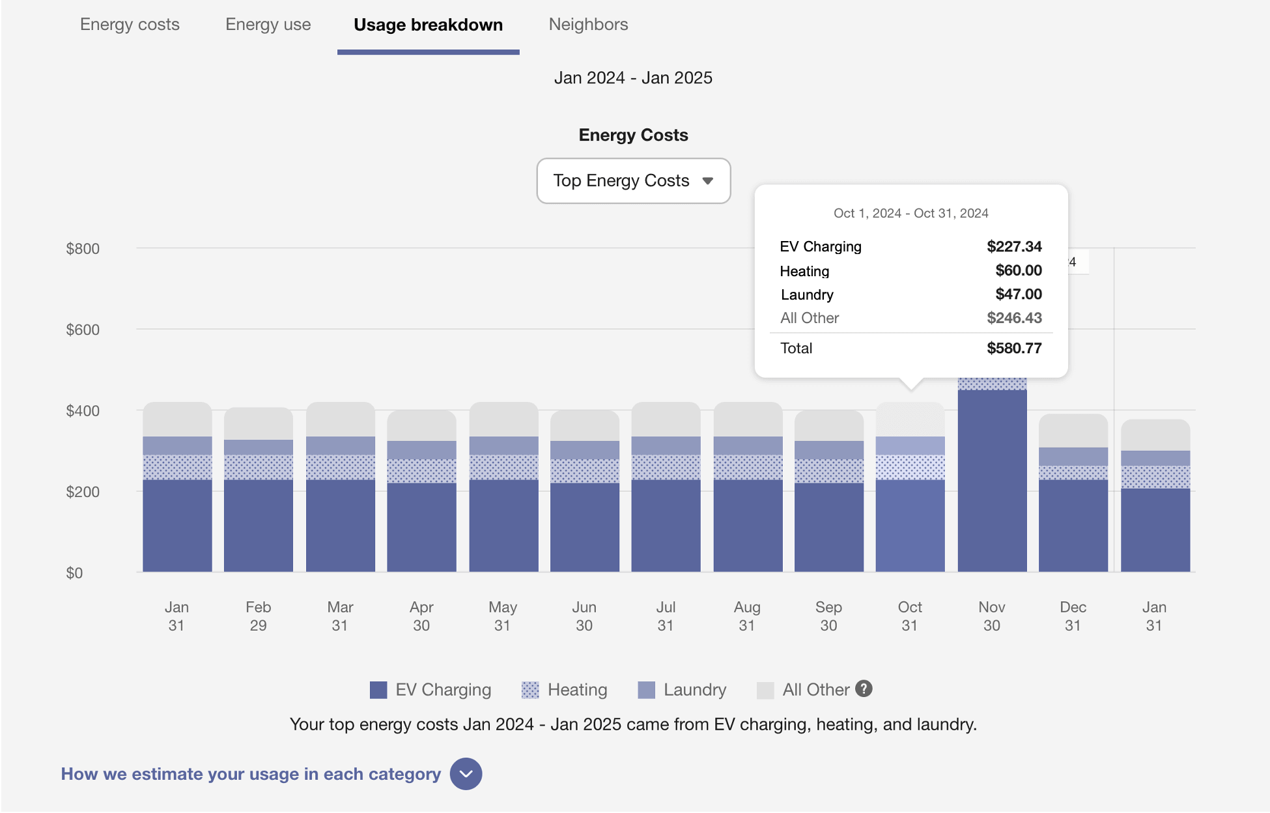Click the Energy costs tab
coord(130,25)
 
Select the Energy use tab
coord(268,25)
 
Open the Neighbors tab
coord(588,25)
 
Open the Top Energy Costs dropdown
coord(633,180)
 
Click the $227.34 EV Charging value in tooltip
coord(1013,246)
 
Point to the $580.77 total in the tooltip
coord(1013,348)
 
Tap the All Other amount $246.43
coord(1013,318)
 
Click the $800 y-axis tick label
coord(83,249)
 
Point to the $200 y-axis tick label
coord(83,492)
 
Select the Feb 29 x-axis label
coord(258,616)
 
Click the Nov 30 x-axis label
coord(991,616)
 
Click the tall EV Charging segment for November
coord(992,482)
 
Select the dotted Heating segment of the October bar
coord(910,467)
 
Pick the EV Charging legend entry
coord(430,689)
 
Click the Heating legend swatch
coord(530,690)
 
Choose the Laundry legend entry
coord(682,689)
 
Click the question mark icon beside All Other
coord(864,689)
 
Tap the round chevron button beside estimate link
coord(466,774)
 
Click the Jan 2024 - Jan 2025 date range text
coord(633,78)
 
